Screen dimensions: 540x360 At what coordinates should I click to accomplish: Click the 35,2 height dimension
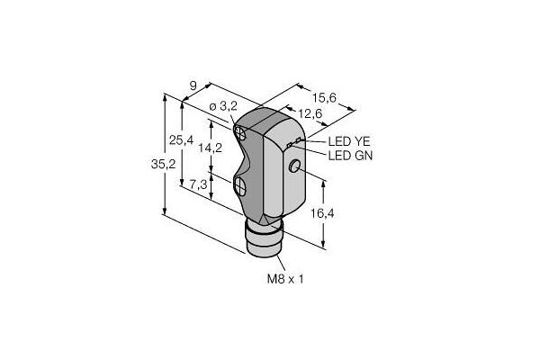click(x=163, y=165)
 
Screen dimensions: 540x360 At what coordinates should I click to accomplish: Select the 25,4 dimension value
click(x=181, y=140)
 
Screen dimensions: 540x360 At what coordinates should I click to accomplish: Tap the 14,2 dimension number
click(x=210, y=148)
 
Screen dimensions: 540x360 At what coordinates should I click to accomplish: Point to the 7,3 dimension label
click(x=198, y=185)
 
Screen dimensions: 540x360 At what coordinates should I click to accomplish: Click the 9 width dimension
click(x=193, y=85)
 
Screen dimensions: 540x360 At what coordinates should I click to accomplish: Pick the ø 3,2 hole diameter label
click(x=223, y=107)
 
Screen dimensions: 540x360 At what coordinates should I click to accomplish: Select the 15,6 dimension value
click(x=324, y=98)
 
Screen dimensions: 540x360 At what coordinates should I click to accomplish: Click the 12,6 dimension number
click(x=310, y=113)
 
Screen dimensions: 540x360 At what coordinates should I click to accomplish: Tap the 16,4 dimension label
click(x=322, y=213)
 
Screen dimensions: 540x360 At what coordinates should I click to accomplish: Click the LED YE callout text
click(x=349, y=141)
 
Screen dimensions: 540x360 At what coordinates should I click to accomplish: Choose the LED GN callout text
click(x=350, y=156)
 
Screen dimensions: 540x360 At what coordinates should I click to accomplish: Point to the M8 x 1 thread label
click(x=285, y=279)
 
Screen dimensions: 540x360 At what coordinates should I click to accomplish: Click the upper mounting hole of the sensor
click(x=240, y=132)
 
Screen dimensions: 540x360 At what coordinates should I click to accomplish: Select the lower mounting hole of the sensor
click(x=239, y=186)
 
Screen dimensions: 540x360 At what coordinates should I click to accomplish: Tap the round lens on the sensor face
click(x=294, y=166)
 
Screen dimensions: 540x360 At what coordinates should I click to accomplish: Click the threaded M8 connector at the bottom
click(x=264, y=239)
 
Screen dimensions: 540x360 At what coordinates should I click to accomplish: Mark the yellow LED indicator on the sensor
click(x=298, y=139)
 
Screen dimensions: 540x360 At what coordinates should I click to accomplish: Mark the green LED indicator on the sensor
click(x=289, y=145)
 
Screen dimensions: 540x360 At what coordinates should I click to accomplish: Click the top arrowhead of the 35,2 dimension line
click(x=165, y=97)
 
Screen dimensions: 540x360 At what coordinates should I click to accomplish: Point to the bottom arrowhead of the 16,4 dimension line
click(x=323, y=244)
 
